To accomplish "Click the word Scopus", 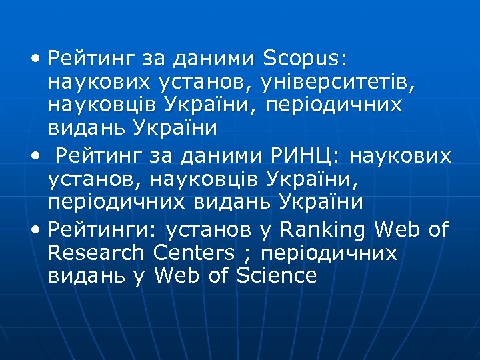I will [305, 59].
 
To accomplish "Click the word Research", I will [96, 253].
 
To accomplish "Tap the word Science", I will [275, 275].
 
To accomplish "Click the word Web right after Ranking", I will [397, 231].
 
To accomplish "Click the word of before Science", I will [218, 275].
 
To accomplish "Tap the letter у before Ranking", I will [265, 232].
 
